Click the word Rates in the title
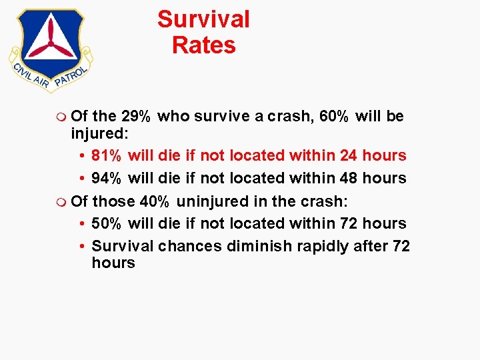tap(203, 45)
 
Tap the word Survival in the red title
tap(203, 19)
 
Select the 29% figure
tap(135, 117)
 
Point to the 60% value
tap(334, 117)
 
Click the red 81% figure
tap(107, 155)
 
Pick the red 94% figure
tap(107, 178)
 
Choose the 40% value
tap(155, 201)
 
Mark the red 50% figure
tap(107, 223)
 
